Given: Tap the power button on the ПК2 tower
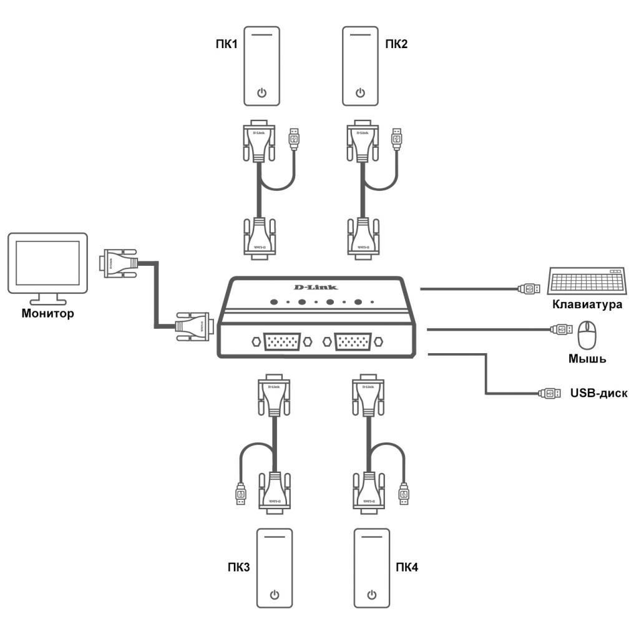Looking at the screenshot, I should click(360, 94).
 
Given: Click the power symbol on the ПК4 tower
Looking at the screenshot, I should click(372, 593).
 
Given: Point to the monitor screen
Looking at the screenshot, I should click(47, 261).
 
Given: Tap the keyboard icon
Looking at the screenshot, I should click(587, 281).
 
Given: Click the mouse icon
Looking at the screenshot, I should click(587, 335).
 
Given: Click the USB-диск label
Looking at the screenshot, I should click(598, 393).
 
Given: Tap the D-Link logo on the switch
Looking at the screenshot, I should click(315, 287).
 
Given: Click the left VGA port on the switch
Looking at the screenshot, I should click(281, 343).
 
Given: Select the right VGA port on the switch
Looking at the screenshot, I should click(352, 343).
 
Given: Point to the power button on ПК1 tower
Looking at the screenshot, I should click(262, 94).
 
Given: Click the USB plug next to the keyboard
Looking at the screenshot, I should click(529, 288).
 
